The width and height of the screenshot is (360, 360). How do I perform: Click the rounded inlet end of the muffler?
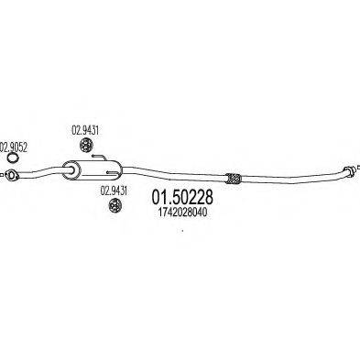[67, 169]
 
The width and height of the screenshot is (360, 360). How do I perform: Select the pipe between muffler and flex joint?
[174, 175]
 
